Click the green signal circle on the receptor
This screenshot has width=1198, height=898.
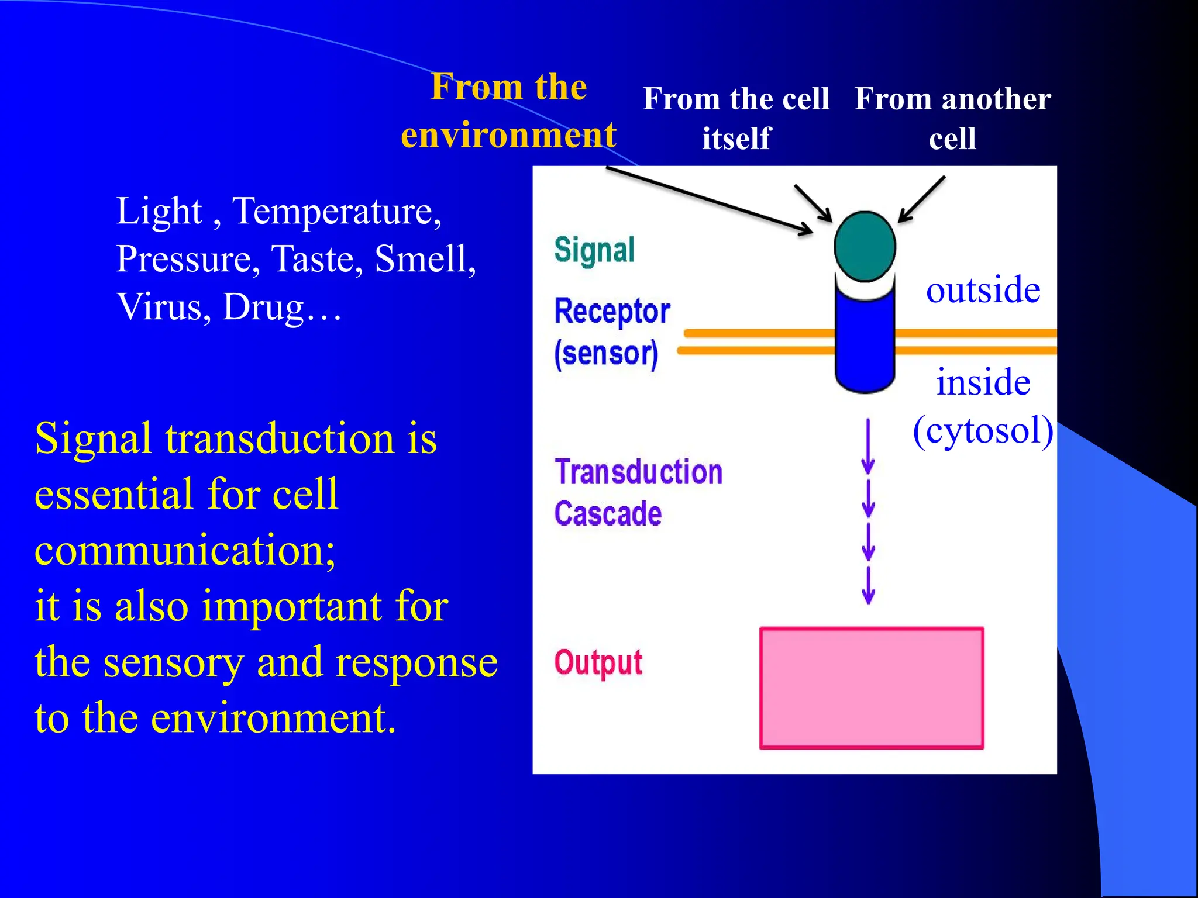[865, 247]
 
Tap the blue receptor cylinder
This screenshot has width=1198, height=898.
[865, 342]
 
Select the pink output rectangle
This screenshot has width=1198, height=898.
[871, 688]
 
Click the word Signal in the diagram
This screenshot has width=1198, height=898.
[594, 250]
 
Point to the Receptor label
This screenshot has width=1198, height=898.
[612, 311]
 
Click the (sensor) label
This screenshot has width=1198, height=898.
[606, 354]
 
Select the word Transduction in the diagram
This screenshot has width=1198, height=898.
[638, 472]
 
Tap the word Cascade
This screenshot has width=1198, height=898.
[608, 514]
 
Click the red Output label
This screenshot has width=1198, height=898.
[598, 663]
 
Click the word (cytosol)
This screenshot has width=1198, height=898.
[983, 431]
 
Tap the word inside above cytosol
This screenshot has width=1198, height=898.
[983, 382]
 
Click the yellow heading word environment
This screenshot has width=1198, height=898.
[508, 135]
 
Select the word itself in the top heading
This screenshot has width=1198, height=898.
[736, 139]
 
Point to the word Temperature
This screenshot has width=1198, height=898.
[336, 211]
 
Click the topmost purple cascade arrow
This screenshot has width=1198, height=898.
[868, 447]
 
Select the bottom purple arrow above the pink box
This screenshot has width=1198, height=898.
[868, 585]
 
